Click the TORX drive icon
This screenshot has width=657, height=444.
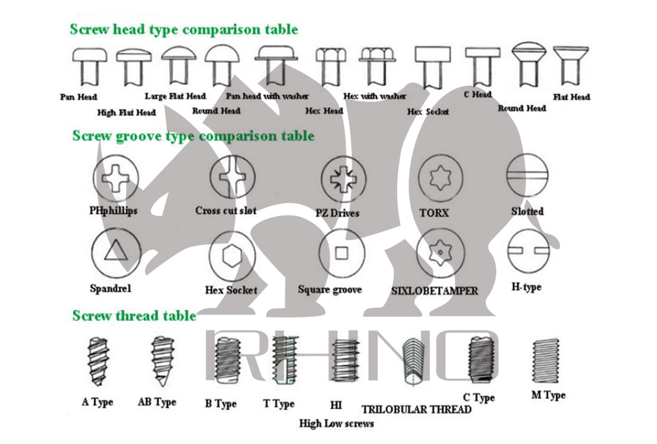pyautogui.click(x=441, y=177)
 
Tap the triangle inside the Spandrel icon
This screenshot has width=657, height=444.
pyautogui.click(x=116, y=252)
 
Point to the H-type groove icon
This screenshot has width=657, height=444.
pyautogui.click(x=525, y=252)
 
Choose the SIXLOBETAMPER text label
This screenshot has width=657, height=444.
pyautogui.click(x=434, y=291)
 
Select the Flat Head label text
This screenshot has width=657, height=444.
pyautogui.click(x=571, y=97)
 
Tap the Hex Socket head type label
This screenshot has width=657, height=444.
pyautogui.click(x=428, y=111)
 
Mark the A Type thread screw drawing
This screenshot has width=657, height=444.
pyautogui.click(x=96, y=361)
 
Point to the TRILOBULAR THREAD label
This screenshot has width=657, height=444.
pyautogui.click(x=417, y=409)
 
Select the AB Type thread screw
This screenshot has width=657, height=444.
pyautogui.click(x=159, y=361)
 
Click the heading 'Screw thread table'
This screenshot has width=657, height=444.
pyautogui.click(x=134, y=316)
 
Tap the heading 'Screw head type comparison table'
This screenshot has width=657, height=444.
pyautogui.click(x=183, y=29)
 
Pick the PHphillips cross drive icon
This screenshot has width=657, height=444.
pyautogui.click(x=115, y=176)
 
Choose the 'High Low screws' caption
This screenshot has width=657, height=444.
pyautogui.click(x=336, y=423)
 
